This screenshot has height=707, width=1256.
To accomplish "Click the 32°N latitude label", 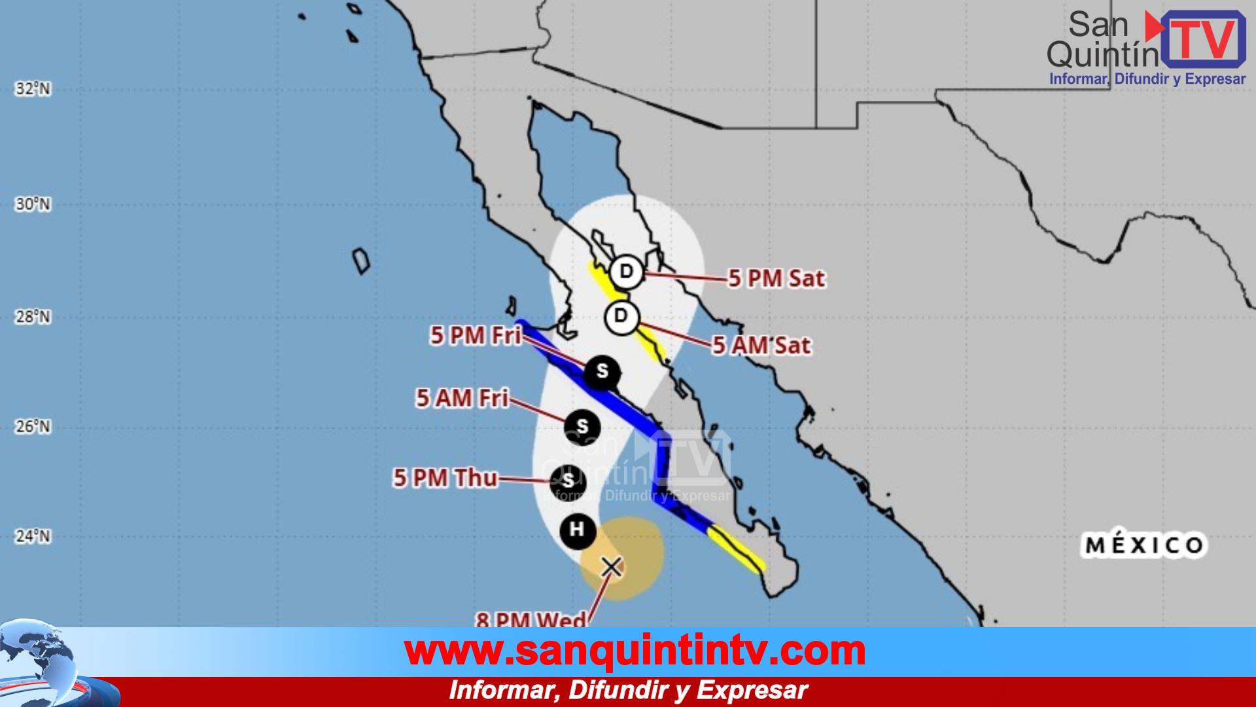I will click(x=33, y=88).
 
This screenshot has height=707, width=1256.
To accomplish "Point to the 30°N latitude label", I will click(x=33, y=204).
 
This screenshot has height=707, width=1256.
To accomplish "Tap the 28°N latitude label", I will click(x=33, y=317).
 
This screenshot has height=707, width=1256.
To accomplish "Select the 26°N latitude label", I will click(x=33, y=427).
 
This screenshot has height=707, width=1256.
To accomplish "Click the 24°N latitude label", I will click(x=33, y=537).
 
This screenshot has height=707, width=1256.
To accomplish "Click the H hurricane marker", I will click(x=578, y=530).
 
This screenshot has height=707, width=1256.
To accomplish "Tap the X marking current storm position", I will click(x=612, y=567).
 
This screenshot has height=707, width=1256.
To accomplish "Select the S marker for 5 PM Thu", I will click(x=568, y=482).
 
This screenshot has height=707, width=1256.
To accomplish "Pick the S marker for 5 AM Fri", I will click(x=582, y=427).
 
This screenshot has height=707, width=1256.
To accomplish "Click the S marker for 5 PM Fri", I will click(x=601, y=372).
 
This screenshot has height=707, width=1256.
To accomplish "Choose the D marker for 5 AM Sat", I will click(x=621, y=317).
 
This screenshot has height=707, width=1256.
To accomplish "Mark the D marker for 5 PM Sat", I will click(x=626, y=271).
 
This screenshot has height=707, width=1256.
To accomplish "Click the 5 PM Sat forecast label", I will click(x=776, y=279).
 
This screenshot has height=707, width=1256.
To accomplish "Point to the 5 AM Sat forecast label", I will click(x=761, y=345).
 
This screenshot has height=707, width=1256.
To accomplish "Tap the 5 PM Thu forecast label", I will click(x=445, y=479).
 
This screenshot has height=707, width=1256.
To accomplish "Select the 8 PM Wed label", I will click(x=531, y=619).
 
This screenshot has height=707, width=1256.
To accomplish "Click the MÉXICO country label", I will click(x=1145, y=545).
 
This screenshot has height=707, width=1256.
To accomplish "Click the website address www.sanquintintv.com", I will click(x=635, y=651).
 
